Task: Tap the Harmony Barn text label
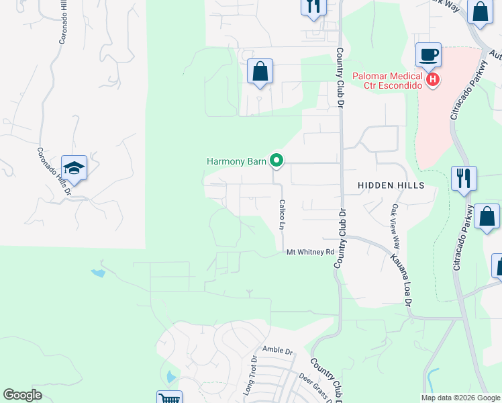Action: (x=236, y=161)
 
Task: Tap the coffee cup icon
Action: (x=428, y=54)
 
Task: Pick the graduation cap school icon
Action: (x=74, y=168)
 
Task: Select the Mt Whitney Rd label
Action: (x=310, y=252)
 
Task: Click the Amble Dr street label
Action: (x=278, y=351)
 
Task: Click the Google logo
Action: (x=23, y=395)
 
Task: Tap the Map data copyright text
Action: (x=460, y=398)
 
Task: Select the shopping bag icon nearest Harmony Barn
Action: (x=260, y=71)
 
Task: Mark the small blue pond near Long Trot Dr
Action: (x=170, y=377)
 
